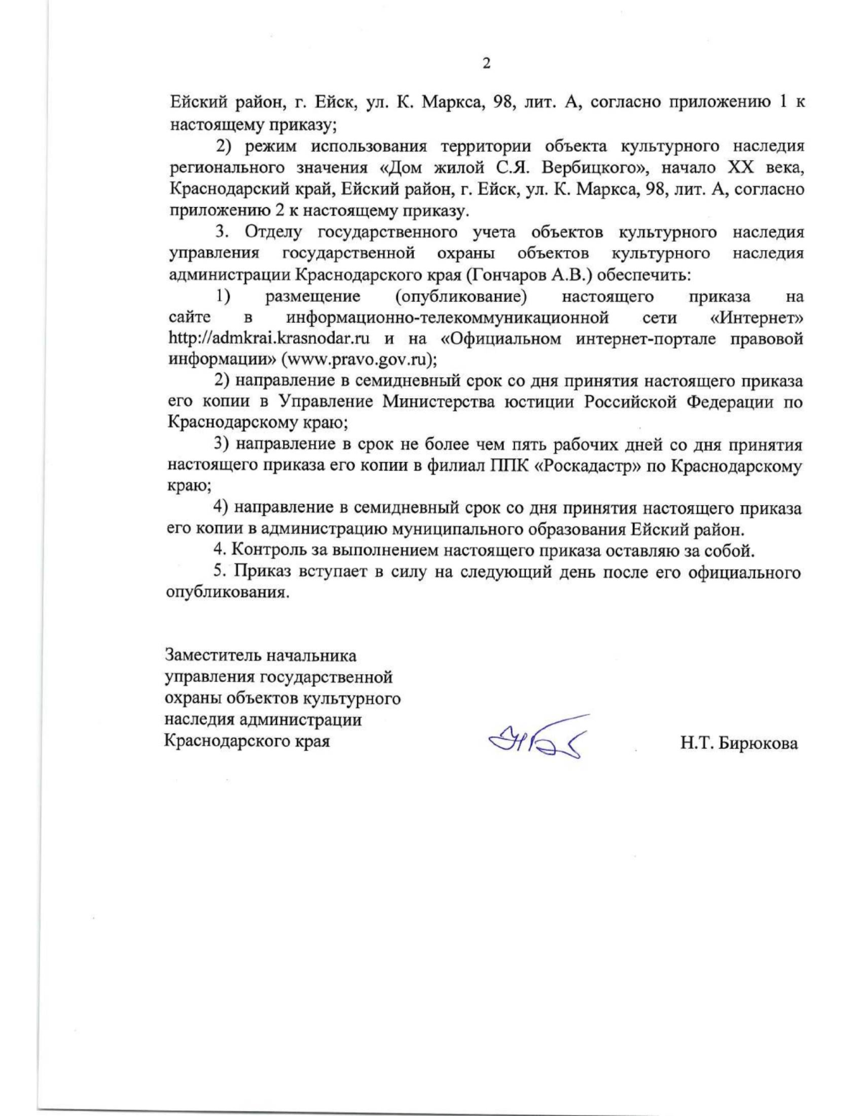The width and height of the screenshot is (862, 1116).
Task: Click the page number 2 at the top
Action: click(486, 64)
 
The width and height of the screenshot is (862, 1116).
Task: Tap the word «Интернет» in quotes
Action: click(756, 317)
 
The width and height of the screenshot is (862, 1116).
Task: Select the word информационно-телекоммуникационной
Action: click(448, 317)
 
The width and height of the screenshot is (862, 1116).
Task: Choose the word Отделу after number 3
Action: click(275, 232)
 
